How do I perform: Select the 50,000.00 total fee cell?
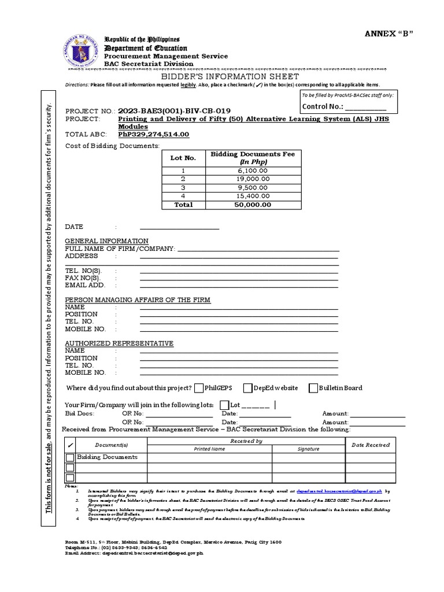252,204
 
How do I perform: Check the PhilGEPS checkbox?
199,387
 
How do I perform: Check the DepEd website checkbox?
247,387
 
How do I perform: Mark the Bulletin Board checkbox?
313,387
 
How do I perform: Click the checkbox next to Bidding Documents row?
69,457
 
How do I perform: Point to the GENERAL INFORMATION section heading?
106,240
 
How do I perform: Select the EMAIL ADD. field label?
84,285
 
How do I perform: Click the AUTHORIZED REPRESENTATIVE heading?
119,343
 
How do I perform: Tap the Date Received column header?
371,445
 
